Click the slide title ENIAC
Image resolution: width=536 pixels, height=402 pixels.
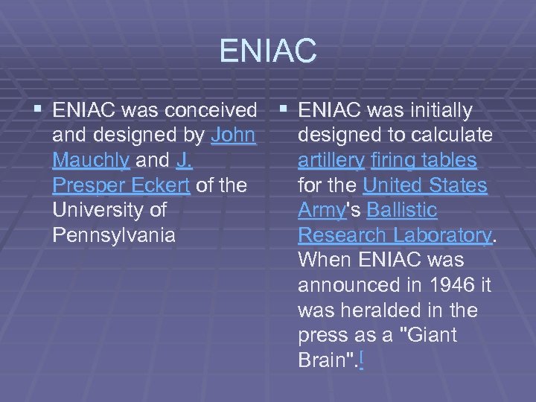pos(268,51)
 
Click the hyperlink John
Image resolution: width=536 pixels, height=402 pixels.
pos(234,135)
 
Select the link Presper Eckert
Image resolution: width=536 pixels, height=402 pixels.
pos(121,185)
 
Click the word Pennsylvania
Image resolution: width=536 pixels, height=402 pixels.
pos(114,235)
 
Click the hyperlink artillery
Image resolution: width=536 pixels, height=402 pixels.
pos(331,161)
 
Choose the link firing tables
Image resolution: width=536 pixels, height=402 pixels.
pos(425,161)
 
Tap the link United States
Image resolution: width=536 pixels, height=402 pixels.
pos(425,185)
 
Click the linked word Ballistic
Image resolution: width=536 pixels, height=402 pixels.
pos(402,211)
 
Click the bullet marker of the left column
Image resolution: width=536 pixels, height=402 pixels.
pos(39,111)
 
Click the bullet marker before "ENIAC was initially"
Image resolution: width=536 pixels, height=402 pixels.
pos(285,111)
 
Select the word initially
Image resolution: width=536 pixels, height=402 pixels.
pos(441,111)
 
